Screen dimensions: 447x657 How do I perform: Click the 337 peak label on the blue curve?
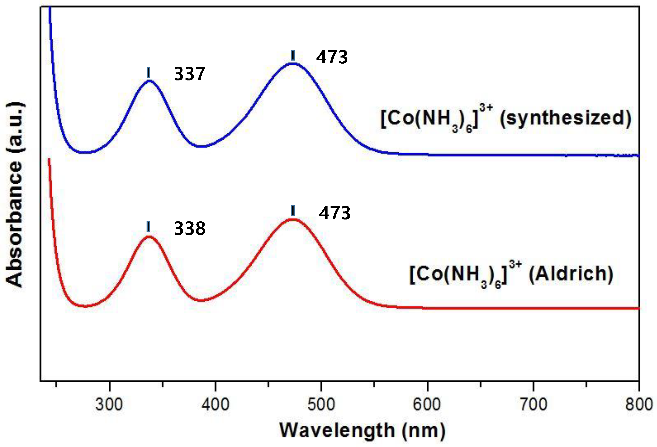pos(189,74)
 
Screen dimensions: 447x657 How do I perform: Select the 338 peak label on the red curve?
pos(189,228)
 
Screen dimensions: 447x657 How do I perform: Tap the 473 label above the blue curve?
pos(332,57)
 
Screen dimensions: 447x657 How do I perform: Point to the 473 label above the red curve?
pos(335,213)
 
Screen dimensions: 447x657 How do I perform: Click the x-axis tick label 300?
pos(109,405)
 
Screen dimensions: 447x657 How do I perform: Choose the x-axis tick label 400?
pos(215,405)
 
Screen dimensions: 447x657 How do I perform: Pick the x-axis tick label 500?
pos(321,405)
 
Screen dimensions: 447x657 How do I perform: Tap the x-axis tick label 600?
pos(427,405)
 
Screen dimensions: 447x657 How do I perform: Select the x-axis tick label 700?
pos(533,405)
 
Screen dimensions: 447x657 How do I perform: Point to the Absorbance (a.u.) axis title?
pos(15,195)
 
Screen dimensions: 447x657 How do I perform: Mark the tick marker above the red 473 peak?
pos(293,211)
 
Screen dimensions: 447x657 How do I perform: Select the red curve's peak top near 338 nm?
pos(149,237)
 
